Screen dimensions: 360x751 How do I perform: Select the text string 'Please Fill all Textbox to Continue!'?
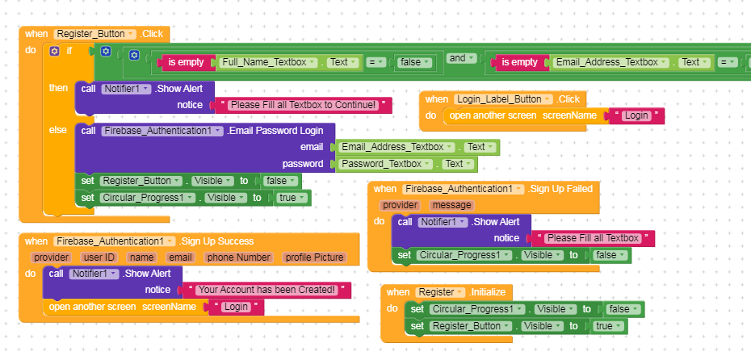301,105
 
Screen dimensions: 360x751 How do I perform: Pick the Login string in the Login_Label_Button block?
636,115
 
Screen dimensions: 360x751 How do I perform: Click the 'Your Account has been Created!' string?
266,290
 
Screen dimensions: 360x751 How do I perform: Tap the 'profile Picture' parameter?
314,257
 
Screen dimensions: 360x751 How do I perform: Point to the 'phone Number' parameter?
239,257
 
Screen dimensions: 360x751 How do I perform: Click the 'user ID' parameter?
99,257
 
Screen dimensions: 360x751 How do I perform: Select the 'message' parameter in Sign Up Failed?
451,205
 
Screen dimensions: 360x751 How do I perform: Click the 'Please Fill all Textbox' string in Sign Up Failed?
593,238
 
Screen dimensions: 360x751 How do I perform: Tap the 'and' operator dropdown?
460,58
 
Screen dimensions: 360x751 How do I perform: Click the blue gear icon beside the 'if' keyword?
54,51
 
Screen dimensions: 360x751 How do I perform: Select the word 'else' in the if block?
58,129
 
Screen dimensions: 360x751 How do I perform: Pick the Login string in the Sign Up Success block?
237,307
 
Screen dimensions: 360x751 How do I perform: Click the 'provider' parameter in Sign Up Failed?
401,205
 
